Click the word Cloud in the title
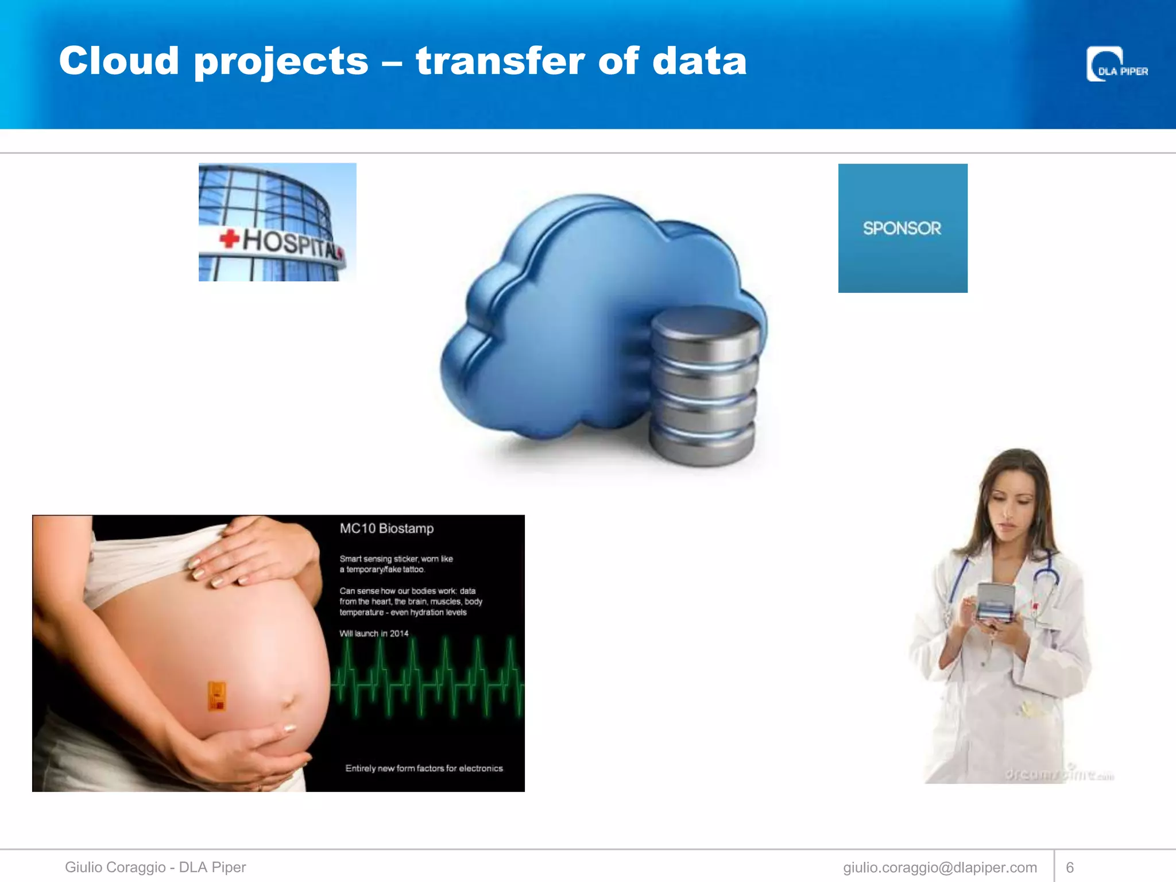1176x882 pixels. [119, 61]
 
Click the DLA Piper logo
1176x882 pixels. [1116, 65]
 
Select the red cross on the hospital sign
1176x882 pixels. [229, 238]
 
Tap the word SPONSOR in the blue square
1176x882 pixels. [902, 229]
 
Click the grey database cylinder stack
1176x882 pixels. [703, 385]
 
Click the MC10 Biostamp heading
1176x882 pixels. [386, 528]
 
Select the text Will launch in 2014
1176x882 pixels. [374, 633]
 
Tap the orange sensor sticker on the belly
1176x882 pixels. [216, 696]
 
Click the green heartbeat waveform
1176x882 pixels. [428, 678]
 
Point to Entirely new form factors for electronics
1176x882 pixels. [424, 768]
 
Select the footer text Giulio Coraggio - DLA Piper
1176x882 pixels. [155, 867]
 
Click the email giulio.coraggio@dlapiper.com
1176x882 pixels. [940, 868]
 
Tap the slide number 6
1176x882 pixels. [1070, 868]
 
